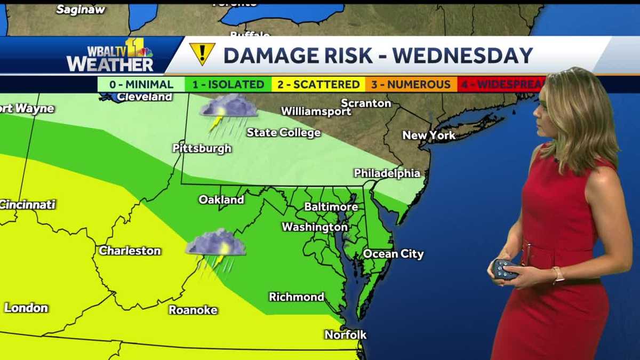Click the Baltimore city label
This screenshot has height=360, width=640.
(x=331, y=206)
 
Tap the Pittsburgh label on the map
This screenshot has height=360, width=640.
(x=202, y=148)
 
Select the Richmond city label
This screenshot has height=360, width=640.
(x=297, y=297)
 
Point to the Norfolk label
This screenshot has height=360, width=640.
(x=346, y=335)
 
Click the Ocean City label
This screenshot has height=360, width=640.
(x=393, y=254)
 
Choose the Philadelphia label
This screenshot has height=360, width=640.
(x=387, y=173)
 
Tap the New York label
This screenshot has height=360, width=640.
(x=429, y=135)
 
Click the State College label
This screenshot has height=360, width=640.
(x=283, y=133)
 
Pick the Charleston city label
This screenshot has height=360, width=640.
(x=130, y=251)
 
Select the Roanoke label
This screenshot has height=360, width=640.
(x=193, y=310)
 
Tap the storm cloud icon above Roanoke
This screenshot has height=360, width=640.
(x=215, y=248)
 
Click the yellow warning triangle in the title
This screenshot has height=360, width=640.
(x=202, y=53)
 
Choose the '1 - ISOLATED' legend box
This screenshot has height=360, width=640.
(x=228, y=84)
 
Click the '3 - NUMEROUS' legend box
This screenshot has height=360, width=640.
(x=411, y=84)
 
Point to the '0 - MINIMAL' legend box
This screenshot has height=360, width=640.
(x=141, y=84)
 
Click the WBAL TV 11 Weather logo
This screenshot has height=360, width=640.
(x=110, y=55)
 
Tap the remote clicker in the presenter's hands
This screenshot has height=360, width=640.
(x=505, y=269)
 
